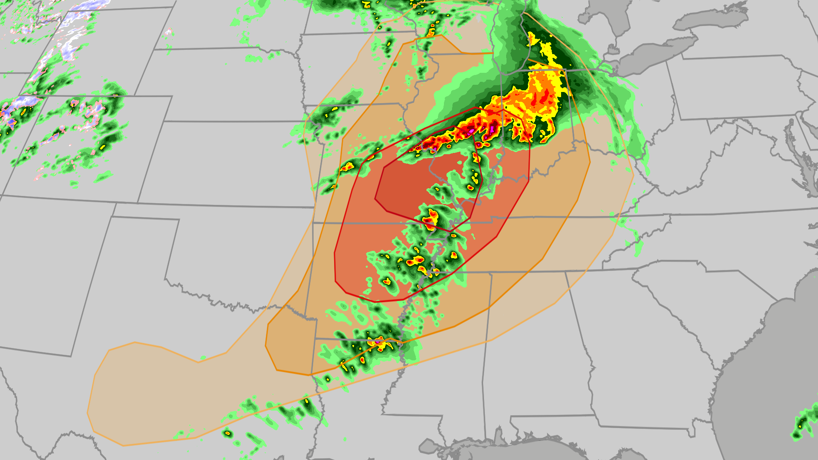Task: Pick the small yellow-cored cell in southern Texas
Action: pyautogui.click(x=228, y=433)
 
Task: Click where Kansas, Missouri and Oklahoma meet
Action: pyautogui.click(x=314, y=222)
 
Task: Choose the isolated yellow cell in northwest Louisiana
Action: pyautogui.click(x=327, y=378)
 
